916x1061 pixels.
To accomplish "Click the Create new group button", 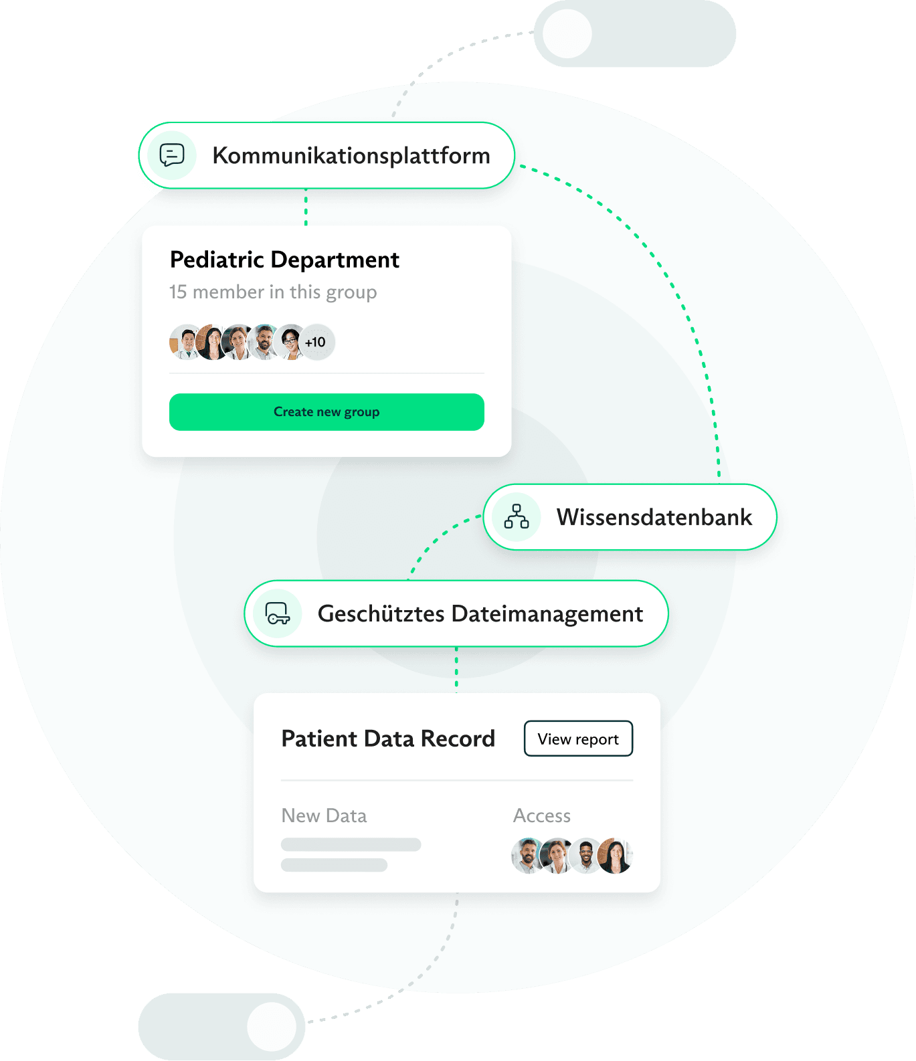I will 327,412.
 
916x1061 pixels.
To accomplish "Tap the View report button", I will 578,739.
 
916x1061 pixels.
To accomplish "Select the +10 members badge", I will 316,343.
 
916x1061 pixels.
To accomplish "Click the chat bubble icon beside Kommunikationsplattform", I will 172,155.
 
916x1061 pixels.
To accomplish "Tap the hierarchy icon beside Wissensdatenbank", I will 517,517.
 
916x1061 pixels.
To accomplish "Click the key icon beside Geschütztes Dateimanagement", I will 277,613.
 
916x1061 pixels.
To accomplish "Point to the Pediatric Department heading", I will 284,260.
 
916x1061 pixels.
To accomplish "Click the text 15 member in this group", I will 273,292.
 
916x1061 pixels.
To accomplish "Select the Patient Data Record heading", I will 388,739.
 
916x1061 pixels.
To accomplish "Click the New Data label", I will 324,815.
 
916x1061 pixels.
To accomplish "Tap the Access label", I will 542,815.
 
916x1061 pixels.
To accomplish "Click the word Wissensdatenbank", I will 654,517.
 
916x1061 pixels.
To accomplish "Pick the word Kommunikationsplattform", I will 351,155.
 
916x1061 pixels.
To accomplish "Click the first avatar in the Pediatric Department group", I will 185,343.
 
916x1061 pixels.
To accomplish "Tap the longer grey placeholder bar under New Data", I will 351,844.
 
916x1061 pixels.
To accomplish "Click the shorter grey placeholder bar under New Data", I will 334,865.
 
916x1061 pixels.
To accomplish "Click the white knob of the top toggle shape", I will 567,33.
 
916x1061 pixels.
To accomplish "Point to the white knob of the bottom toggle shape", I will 272,1027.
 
